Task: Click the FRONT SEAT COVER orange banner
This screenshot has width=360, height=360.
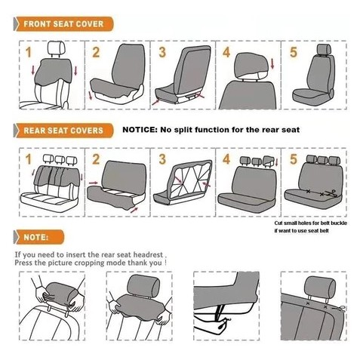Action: [x=63, y=24]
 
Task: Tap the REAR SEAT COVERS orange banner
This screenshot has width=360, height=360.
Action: [x=63, y=131]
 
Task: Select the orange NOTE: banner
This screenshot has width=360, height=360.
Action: [x=39, y=237]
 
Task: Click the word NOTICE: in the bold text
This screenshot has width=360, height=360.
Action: [x=140, y=130]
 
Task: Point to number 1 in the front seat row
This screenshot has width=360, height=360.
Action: [x=29, y=52]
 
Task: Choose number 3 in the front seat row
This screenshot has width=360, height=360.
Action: [x=162, y=52]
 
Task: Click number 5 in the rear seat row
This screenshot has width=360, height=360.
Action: [x=294, y=159]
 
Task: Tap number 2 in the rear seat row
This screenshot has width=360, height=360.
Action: [x=96, y=159]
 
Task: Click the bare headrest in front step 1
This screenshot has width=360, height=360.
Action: [x=57, y=48]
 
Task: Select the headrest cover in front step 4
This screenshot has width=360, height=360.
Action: [x=251, y=66]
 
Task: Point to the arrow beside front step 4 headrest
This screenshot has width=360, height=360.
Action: [x=272, y=63]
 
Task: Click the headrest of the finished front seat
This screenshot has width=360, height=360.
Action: [x=324, y=49]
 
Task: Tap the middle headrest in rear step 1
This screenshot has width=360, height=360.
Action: [x=60, y=159]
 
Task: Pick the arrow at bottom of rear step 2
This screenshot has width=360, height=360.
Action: [x=134, y=210]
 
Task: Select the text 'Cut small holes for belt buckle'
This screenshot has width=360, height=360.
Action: [x=311, y=223]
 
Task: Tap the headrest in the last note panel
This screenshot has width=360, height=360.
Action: [x=320, y=288]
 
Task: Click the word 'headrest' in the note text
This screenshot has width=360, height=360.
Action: [x=148, y=254]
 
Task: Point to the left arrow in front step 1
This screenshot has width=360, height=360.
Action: [x=33, y=70]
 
